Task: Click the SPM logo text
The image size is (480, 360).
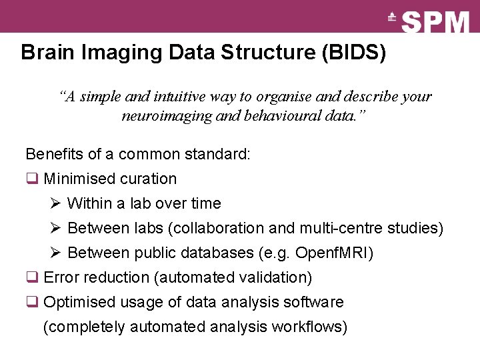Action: point(437,23)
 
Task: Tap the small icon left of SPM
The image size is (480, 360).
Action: point(392,18)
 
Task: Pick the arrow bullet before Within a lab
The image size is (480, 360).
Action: point(55,203)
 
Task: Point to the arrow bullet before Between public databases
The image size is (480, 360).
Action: point(55,253)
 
